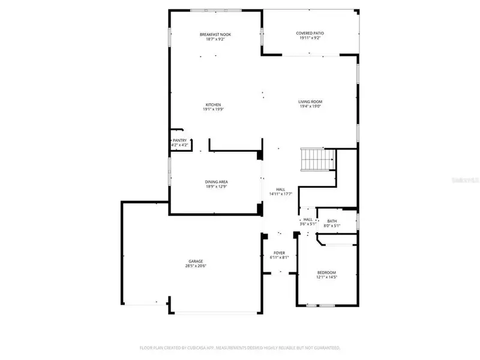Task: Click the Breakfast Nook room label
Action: (215, 34)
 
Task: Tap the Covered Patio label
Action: (310, 33)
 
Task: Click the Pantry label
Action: (179, 140)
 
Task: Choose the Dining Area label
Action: (216, 182)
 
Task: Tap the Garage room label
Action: (196, 261)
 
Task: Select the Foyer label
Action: (280, 253)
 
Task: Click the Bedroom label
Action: (326, 272)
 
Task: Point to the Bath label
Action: (332, 221)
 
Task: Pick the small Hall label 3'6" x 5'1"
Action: (307, 224)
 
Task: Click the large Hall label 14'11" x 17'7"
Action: (280, 194)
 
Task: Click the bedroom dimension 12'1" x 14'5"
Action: (326, 277)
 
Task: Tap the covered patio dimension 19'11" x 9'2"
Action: (310, 38)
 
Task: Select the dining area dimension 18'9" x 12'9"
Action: (216, 187)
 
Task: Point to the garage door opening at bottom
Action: (215, 312)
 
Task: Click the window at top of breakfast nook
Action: (207, 10)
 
